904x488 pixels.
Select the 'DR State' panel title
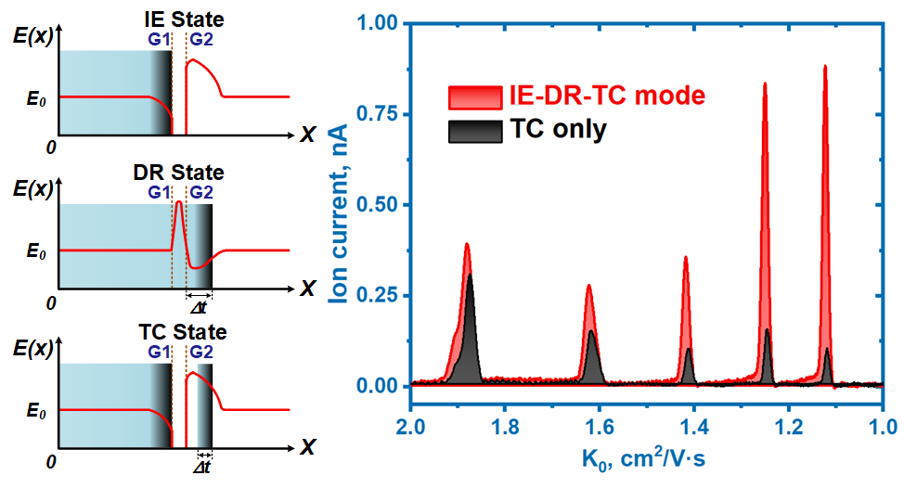point(179,173)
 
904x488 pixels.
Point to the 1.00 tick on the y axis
point(373,23)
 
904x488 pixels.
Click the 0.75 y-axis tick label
point(373,114)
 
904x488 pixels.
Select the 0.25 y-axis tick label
point(373,295)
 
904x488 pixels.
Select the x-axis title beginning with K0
point(646,458)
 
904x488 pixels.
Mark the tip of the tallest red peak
point(825,66)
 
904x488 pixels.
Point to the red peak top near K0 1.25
point(765,83)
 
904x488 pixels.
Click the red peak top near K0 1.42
point(686,257)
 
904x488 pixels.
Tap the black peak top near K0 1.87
point(471,275)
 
